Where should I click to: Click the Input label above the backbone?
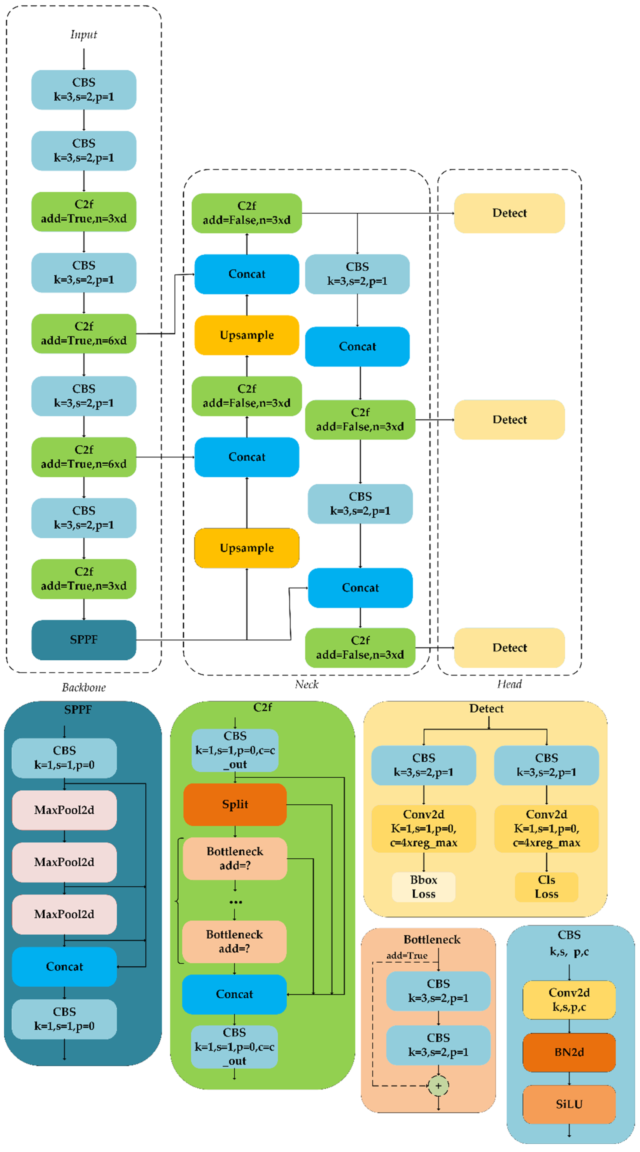click(84, 34)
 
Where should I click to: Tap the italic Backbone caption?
click(84, 687)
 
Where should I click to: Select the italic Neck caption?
click(307, 684)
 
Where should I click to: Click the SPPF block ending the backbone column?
click(84, 639)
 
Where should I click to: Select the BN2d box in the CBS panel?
click(569, 1052)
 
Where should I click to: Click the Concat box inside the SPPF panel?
click(64, 966)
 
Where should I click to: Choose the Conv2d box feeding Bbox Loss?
click(423, 828)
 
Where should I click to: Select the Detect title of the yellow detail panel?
click(486, 708)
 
